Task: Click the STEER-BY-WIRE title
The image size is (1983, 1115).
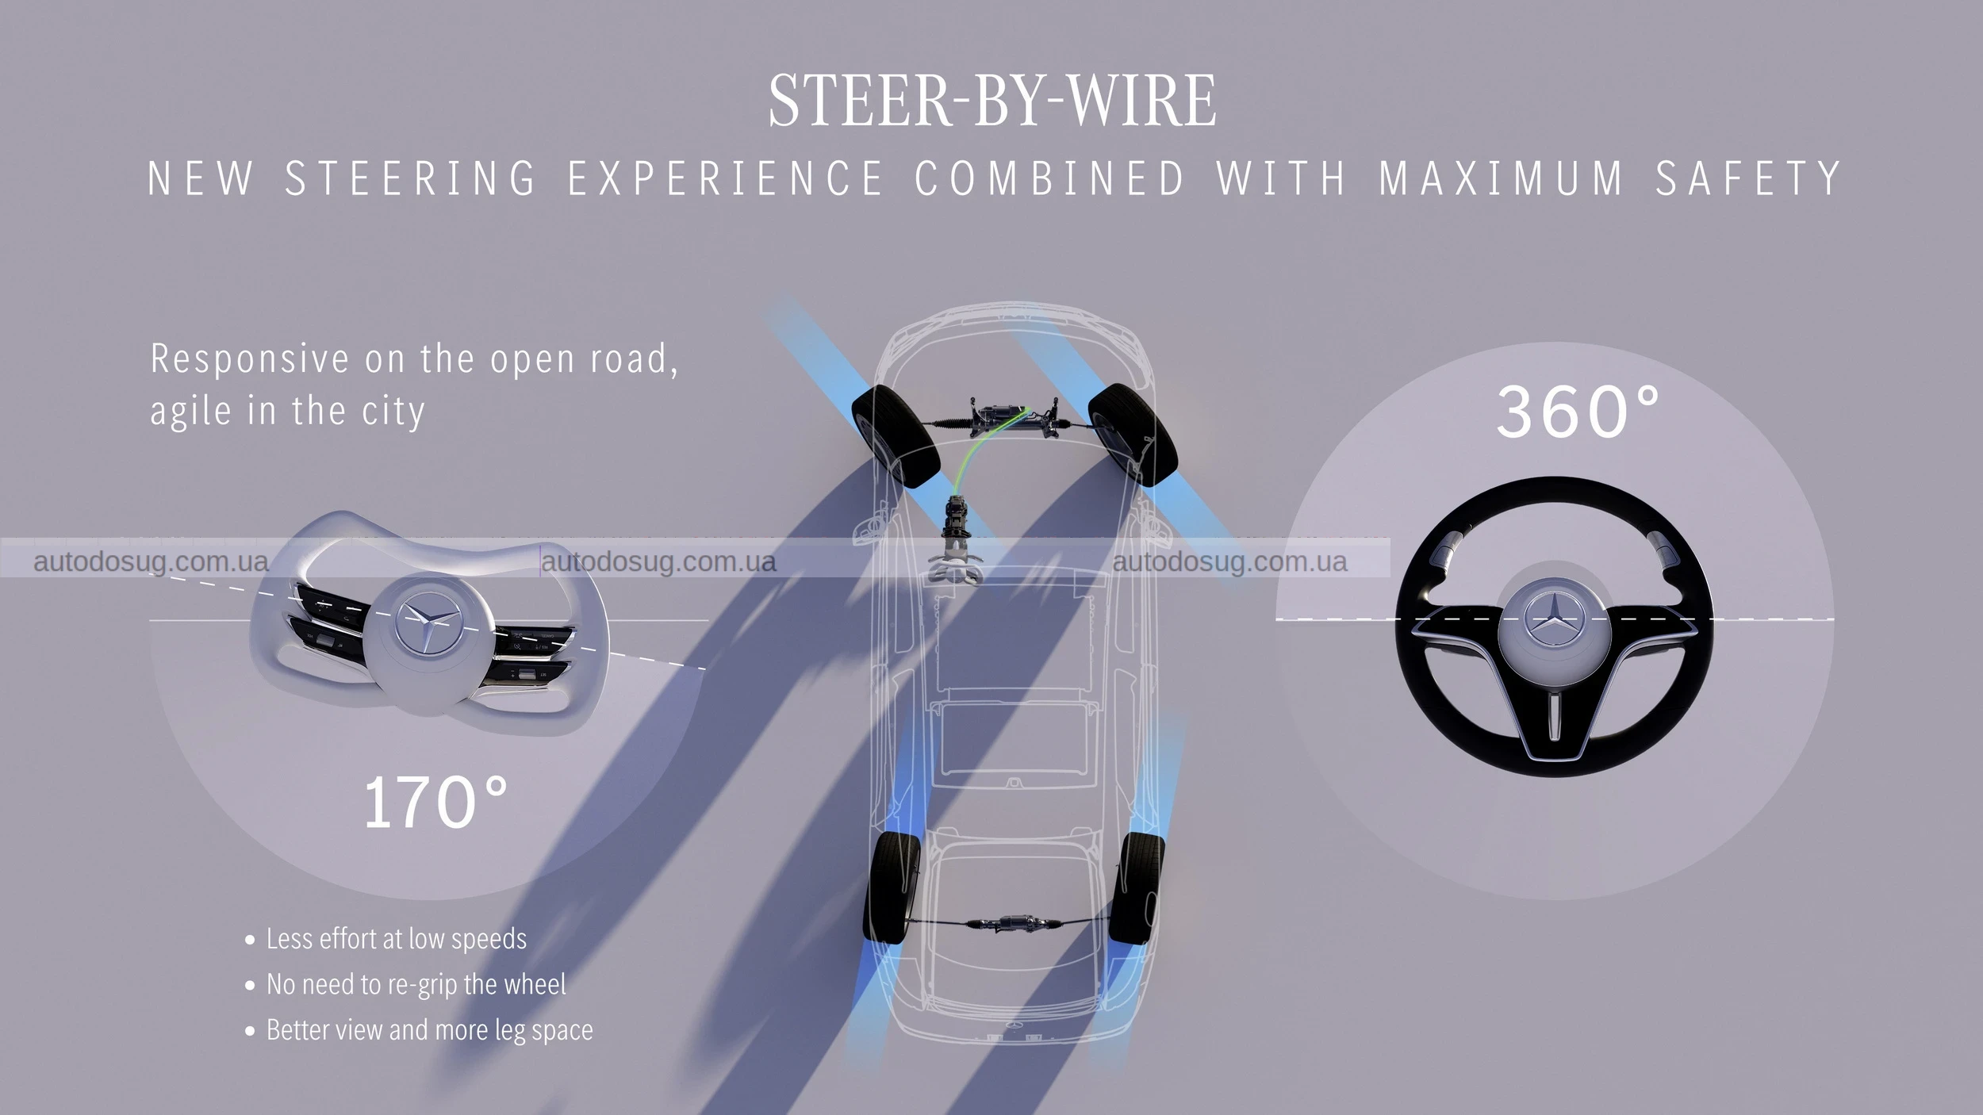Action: pos(991,100)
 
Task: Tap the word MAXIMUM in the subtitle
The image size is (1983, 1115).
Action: pos(1502,178)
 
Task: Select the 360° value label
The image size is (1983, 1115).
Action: pos(1578,412)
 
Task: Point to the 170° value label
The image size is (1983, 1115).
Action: pos(435,803)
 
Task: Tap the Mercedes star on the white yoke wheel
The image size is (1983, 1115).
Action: pos(427,626)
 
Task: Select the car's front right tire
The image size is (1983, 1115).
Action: pos(1132,434)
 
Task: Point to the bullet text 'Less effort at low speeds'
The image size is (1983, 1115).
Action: pos(396,939)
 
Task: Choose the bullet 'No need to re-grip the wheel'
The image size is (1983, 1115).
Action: pos(416,984)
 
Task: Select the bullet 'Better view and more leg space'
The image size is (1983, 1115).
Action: pos(429,1029)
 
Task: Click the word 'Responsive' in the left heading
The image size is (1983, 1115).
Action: pos(249,359)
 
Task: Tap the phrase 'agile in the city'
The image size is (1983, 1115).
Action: pos(287,412)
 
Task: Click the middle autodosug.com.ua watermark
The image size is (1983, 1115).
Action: pos(658,561)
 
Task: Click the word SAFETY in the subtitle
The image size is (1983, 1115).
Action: pos(1747,178)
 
